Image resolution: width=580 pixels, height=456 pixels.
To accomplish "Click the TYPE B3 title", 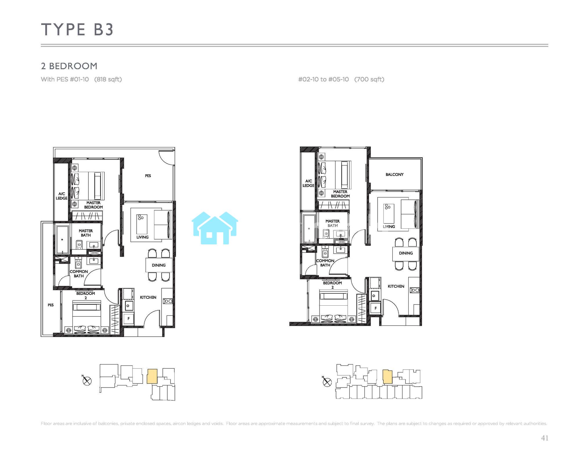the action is [x=77, y=30].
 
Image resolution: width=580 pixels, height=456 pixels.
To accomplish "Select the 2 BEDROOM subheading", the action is [x=69, y=66].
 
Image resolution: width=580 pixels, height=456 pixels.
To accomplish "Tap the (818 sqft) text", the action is [x=108, y=79].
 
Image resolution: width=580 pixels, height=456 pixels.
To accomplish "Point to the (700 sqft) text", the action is [x=369, y=79].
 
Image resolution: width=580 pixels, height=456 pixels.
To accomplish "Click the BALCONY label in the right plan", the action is [x=394, y=174].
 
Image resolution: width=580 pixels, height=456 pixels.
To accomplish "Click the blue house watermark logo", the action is [x=215, y=228].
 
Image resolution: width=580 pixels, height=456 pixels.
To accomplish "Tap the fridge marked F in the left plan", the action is [x=128, y=319].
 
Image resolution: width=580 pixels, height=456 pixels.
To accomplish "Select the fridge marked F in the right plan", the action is [x=376, y=308].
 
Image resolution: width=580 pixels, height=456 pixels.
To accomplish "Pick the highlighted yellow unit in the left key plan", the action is [x=152, y=376].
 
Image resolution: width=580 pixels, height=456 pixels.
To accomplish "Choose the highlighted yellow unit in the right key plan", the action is [x=387, y=377].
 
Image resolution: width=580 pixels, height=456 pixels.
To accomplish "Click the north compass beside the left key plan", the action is [x=87, y=381].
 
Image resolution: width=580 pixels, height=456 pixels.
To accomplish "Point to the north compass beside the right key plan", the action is [x=327, y=382].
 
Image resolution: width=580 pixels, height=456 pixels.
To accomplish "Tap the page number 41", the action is [x=545, y=438].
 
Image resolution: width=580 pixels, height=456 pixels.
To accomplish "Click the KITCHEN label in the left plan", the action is [x=148, y=297].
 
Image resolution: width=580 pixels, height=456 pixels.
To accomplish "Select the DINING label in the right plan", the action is [x=406, y=253].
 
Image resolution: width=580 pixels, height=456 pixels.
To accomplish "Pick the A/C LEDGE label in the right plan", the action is [x=308, y=183].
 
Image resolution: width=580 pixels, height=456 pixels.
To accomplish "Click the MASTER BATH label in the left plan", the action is [x=86, y=233].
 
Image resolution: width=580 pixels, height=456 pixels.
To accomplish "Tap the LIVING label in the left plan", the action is [x=142, y=237].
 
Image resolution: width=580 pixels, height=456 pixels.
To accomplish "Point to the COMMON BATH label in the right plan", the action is [x=325, y=263].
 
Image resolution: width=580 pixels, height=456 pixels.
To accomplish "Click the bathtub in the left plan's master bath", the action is [x=62, y=240].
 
